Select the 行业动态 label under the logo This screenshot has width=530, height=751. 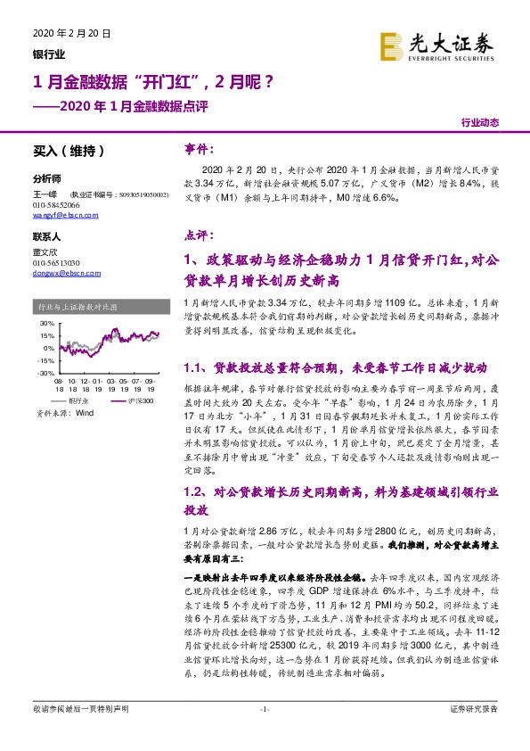click(480, 122)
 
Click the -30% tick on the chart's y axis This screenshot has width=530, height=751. click(45, 373)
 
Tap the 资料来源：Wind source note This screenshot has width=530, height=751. click(64, 414)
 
